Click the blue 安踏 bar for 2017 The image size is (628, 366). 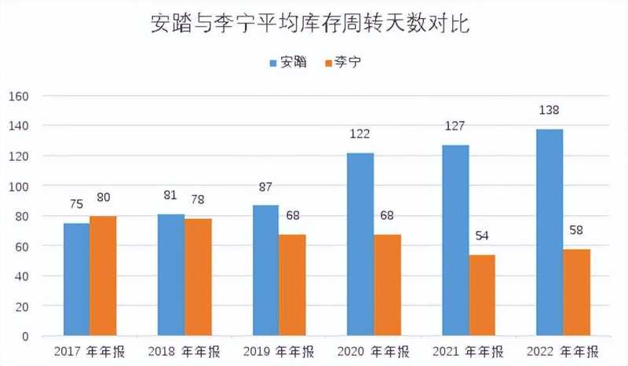(x=76, y=280)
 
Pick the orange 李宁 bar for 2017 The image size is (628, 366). (x=103, y=276)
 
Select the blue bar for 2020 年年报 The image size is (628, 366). (x=360, y=244)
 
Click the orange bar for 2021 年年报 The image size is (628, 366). (x=483, y=295)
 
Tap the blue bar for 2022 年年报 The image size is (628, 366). (x=549, y=232)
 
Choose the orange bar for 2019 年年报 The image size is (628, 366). (x=293, y=285)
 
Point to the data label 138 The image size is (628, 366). (x=549, y=110)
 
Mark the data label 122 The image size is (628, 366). (x=360, y=134)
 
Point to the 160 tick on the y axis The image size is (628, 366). (x=18, y=97)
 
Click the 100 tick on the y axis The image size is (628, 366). (x=18, y=187)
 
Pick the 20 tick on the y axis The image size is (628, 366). (x=20, y=306)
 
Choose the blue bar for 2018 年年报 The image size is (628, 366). (x=171, y=275)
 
